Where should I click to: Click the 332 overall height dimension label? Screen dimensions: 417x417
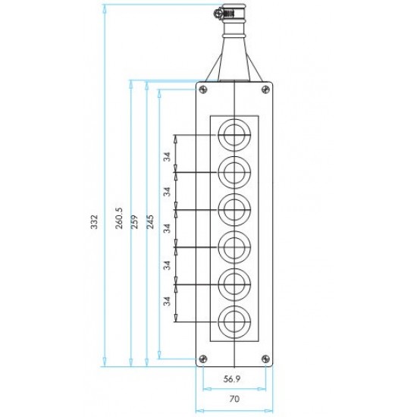(x=95, y=221)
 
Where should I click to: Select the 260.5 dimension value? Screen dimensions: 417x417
(x=119, y=218)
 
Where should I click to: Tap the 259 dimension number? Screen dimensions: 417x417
(x=134, y=221)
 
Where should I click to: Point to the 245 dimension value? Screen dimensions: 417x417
(x=150, y=221)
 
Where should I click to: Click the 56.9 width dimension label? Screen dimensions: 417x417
(x=232, y=379)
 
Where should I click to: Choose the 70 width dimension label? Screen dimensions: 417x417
(x=234, y=399)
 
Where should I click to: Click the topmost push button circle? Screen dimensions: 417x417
(x=234, y=135)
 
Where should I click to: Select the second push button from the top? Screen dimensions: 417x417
(x=234, y=172)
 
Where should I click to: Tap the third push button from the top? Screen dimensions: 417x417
(x=234, y=210)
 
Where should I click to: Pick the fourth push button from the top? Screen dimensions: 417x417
(x=234, y=247)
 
